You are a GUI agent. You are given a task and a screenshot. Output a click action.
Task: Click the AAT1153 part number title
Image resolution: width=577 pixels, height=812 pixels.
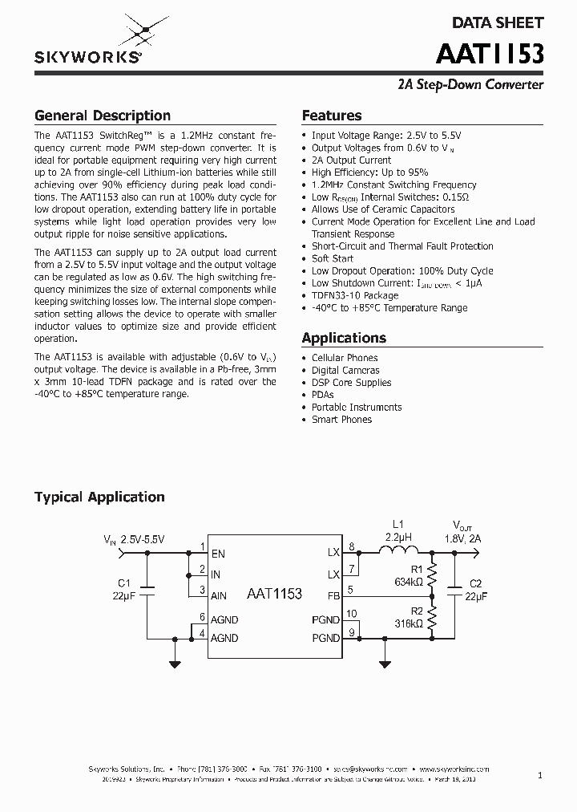pos(490,54)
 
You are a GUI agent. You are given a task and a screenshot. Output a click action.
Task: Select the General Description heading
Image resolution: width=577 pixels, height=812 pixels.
pos(103,116)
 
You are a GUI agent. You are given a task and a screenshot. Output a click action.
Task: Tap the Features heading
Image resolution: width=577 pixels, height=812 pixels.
pos(332,116)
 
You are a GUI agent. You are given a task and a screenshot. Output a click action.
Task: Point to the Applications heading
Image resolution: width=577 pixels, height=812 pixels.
pos(344,338)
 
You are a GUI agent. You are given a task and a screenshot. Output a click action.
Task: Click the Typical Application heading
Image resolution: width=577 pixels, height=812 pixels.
pos(99,497)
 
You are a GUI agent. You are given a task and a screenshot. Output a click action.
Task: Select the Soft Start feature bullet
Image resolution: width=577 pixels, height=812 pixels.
pos(333,258)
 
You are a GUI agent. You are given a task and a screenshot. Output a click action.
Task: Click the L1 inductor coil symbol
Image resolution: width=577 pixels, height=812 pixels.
pos(398,550)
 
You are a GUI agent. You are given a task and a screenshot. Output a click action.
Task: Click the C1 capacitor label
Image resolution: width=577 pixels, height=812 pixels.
pos(123,583)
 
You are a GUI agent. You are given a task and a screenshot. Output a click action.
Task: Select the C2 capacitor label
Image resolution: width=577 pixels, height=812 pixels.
pos(475,583)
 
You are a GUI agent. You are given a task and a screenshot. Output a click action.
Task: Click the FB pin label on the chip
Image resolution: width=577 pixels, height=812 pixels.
pos(334,596)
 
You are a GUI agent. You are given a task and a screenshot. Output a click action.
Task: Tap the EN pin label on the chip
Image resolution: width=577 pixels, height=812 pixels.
pos(218,553)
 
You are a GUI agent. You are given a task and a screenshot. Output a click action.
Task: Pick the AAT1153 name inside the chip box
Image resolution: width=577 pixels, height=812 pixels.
pos(275,594)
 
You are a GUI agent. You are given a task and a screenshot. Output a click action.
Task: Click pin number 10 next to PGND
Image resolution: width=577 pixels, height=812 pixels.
pos(351,614)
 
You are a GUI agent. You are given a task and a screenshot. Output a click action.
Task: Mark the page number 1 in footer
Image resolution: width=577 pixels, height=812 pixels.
pos(540,775)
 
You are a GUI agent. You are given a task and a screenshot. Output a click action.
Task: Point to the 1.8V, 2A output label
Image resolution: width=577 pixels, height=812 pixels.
pos(462,539)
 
